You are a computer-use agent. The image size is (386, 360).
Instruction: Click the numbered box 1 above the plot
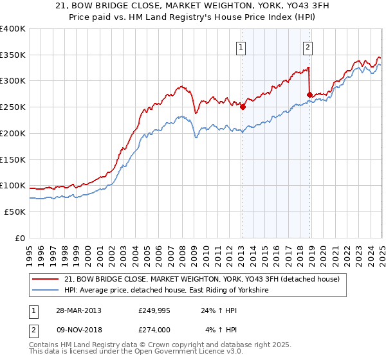tap(241, 46)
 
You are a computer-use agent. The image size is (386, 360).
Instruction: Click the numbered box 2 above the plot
tap(308, 46)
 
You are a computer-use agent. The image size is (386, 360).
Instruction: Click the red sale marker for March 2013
tap(243, 107)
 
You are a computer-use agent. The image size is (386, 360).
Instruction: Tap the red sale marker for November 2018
tap(310, 94)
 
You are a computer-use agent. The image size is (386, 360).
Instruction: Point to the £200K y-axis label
tap(12, 133)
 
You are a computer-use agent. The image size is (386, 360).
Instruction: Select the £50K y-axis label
tap(15, 212)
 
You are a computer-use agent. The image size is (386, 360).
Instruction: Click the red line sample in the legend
tap(46, 279)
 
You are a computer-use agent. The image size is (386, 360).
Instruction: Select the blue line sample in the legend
tap(46, 291)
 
